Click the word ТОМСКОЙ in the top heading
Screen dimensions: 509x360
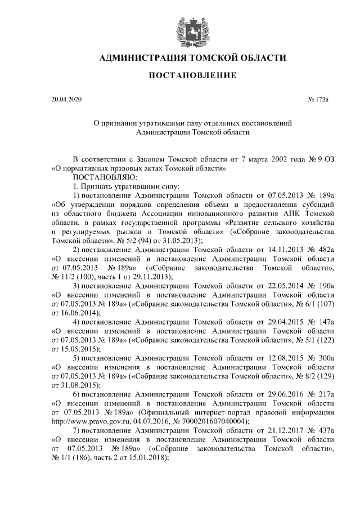pos(211,57)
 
